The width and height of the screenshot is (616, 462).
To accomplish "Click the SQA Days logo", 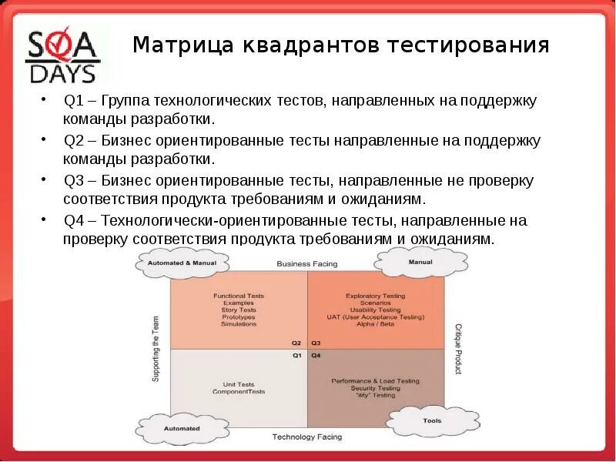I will coord(63,55).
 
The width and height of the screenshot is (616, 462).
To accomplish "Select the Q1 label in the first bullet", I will coord(73,101).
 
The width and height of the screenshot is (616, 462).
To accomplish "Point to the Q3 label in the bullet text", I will coord(73,181).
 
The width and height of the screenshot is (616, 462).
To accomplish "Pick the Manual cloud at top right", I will coord(420,263).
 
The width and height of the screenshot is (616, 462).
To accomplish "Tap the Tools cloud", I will coord(431,421).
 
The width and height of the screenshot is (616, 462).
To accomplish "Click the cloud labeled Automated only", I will coord(182,428).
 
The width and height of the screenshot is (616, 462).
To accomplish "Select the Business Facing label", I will coord(306,264).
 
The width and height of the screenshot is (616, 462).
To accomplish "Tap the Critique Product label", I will coord(457,349).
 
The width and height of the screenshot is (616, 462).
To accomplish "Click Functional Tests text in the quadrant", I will coord(239,296).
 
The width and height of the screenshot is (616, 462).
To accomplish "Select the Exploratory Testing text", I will coord(375,296).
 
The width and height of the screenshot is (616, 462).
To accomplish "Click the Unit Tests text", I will coord(239,384).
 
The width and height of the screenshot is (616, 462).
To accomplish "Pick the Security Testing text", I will coord(375,388).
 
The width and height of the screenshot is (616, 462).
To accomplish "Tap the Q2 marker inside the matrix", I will coord(296,343).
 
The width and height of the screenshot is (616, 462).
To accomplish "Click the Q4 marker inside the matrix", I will coord(316,356).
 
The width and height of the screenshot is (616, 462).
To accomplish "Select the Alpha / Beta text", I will coord(375,324).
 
